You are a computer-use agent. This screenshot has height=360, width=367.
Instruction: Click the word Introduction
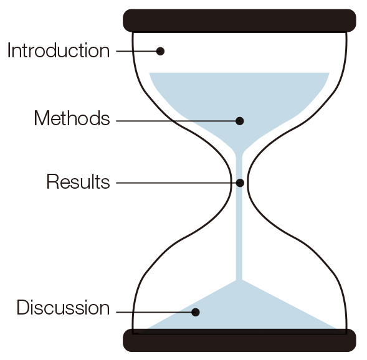[x=59, y=50]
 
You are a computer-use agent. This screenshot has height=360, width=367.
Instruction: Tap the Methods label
[x=72, y=118]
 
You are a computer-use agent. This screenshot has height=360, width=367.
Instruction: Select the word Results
[x=78, y=181]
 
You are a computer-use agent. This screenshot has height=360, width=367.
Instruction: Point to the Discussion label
[x=63, y=307]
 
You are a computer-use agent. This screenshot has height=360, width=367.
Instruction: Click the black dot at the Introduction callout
[x=160, y=51]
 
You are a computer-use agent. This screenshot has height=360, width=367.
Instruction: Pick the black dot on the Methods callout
[x=240, y=121]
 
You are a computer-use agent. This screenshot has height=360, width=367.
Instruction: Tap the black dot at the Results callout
[x=240, y=183]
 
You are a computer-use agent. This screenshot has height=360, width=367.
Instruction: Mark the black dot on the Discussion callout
[x=196, y=312]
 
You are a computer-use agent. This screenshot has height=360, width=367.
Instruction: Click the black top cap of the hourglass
[x=239, y=21]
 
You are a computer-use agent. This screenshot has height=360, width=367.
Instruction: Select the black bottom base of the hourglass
[x=239, y=340]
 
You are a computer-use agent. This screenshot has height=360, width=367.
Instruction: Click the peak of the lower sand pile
[x=239, y=280]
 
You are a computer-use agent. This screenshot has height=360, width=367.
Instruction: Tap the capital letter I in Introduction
[x=9, y=50]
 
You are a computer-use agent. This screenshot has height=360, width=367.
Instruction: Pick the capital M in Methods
[x=42, y=118]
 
